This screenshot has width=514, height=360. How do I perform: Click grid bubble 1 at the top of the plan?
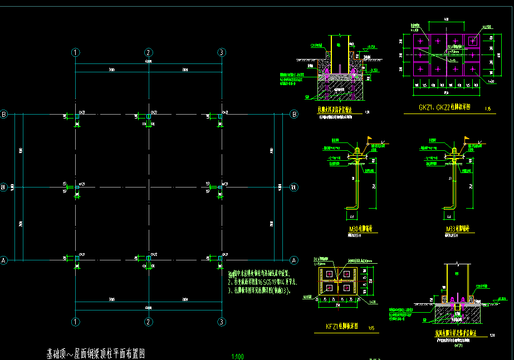[x=76, y=52]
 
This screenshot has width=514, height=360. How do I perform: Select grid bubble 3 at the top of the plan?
[x=221, y=52]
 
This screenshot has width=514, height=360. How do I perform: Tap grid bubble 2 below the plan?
[x=149, y=322]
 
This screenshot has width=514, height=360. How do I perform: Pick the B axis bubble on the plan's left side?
[x=4, y=114]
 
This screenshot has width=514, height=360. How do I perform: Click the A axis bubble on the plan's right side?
[x=293, y=260]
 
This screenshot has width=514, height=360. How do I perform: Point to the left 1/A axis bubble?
[x=4, y=187]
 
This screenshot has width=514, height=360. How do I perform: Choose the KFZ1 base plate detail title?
[x=341, y=326]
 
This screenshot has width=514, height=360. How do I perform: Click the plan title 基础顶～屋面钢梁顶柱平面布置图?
[x=96, y=353]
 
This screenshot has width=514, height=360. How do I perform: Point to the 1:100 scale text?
[x=237, y=356]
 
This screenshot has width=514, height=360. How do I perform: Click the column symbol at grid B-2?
[x=149, y=115]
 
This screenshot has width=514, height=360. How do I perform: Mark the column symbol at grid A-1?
[x=76, y=259]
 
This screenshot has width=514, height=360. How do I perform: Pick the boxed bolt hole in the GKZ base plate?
[x=473, y=40]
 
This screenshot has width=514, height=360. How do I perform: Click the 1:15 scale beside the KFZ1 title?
[x=371, y=327]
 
